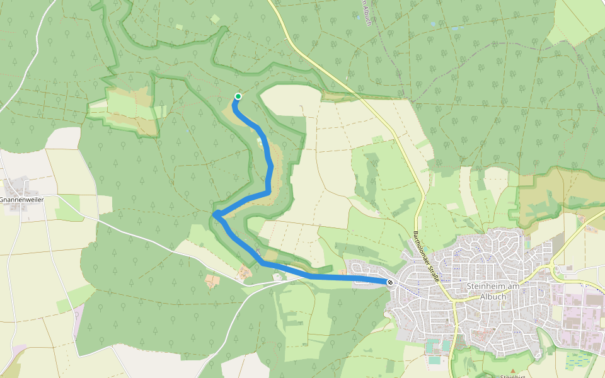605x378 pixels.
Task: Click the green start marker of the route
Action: (x=238, y=96)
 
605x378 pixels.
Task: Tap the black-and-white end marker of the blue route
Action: (x=391, y=282)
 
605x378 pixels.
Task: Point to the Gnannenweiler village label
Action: (x=20, y=200)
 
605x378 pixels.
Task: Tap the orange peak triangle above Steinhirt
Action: (x=513, y=370)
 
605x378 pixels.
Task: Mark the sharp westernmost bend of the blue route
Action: (x=216, y=215)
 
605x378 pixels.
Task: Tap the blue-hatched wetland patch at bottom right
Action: (x=579, y=359)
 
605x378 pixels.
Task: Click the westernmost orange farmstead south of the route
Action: (x=212, y=280)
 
